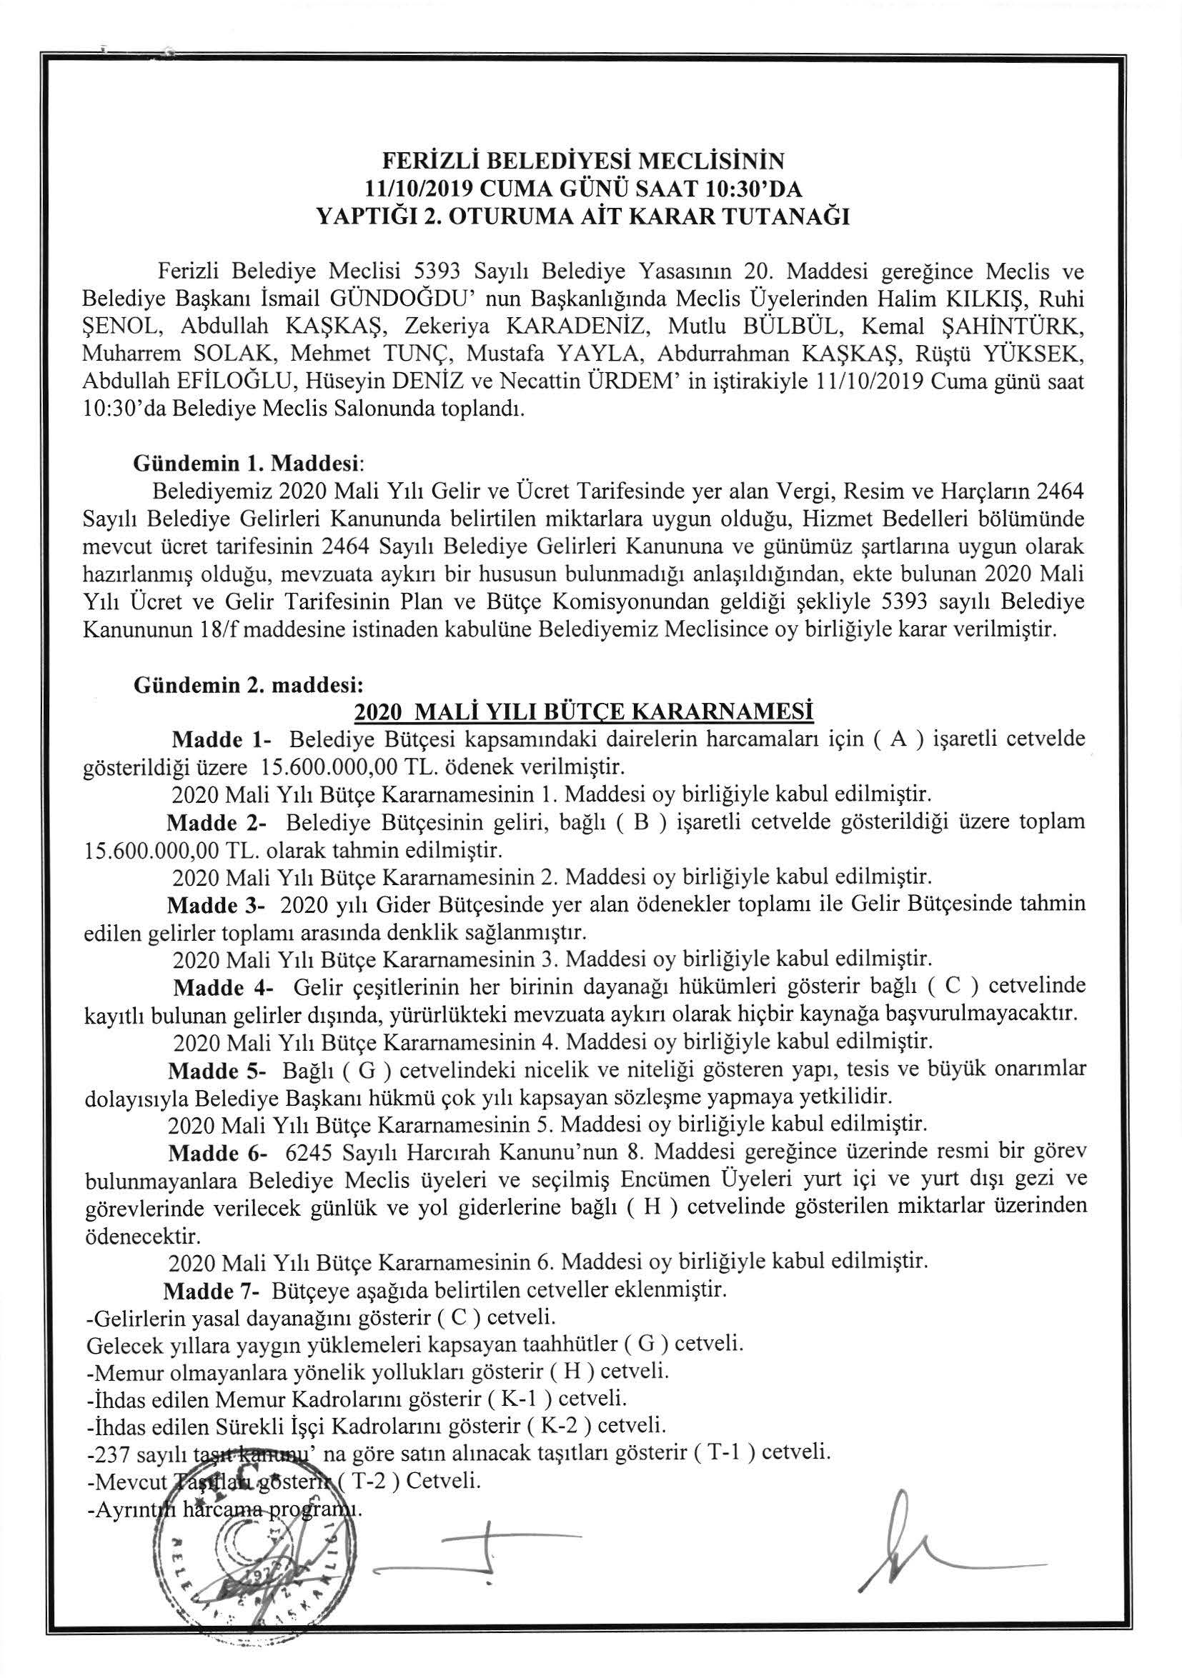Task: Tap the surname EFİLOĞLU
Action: click(244, 381)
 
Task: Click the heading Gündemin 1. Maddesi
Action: click(247, 463)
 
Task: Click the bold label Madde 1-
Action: click(221, 739)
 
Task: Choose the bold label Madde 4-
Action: click(222, 987)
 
